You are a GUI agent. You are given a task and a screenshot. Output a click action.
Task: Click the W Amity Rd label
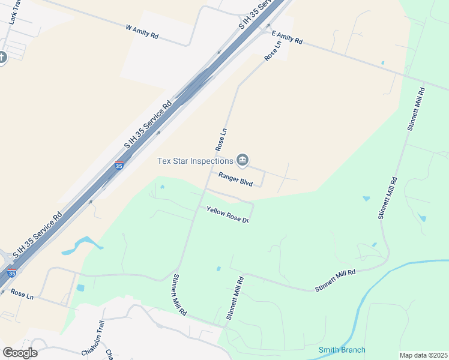pos(142,32)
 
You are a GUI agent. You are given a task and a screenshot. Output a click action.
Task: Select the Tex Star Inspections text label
pos(195,160)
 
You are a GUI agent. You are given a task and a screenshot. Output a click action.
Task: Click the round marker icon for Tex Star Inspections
pos(243,160)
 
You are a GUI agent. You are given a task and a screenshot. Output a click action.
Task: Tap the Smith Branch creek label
pos(342,350)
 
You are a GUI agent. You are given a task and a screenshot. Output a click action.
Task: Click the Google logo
pos(20,353)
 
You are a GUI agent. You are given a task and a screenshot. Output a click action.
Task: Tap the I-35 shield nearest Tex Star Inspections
pos(119,166)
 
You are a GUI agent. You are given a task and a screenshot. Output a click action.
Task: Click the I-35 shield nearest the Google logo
pos(11,273)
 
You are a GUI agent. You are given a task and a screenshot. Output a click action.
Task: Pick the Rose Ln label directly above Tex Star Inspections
pos(220,139)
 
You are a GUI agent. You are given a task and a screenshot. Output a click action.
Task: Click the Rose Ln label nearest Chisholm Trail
pos(21,295)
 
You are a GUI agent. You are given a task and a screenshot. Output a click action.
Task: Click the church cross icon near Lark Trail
pos(2,58)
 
